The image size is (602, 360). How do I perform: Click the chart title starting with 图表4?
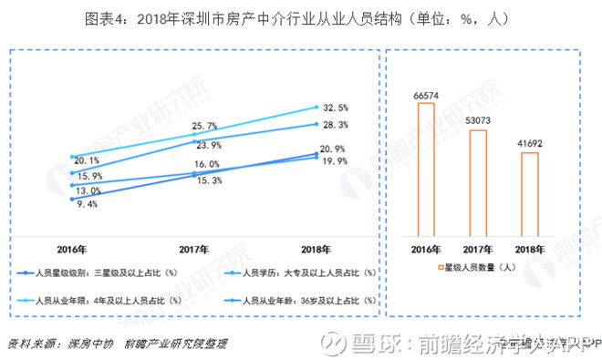pyautogui.click(x=302, y=17)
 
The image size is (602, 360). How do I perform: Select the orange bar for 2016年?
pyautogui.click(x=426, y=169)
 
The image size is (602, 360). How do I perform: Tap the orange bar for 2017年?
pyautogui.click(x=477, y=182)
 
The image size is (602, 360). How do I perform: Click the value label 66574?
pyautogui.click(x=426, y=94)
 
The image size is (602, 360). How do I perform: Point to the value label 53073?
pyautogui.click(x=477, y=121)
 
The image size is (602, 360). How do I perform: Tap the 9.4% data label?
pyautogui.click(x=86, y=205)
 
